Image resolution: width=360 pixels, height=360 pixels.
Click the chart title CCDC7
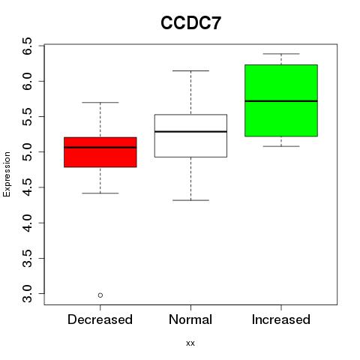(x=190, y=23)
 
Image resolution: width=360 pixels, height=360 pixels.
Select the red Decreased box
(x=100, y=152)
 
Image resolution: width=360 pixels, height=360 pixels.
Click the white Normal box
(x=190, y=136)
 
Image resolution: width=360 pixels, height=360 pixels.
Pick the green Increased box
(x=281, y=100)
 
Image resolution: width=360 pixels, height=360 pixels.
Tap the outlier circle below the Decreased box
(x=100, y=295)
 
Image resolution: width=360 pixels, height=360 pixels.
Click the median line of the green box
(x=281, y=101)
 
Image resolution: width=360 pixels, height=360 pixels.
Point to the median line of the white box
(x=190, y=131)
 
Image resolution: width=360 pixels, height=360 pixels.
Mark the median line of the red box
(x=100, y=147)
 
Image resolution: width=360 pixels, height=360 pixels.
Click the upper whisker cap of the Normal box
(x=190, y=70)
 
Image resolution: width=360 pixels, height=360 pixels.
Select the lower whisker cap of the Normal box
(x=190, y=200)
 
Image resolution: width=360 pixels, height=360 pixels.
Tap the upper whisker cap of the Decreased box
(x=100, y=102)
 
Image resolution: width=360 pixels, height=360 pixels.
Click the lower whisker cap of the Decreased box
(x=100, y=193)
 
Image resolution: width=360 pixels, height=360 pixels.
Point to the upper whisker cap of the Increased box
(x=281, y=54)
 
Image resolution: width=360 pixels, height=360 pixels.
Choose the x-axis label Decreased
(x=100, y=319)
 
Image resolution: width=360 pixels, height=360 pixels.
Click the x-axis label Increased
(x=281, y=319)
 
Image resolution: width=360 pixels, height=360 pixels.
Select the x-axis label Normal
(x=190, y=319)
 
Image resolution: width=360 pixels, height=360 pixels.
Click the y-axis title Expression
(x=7, y=174)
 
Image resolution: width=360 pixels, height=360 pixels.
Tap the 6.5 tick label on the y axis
(x=27, y=46)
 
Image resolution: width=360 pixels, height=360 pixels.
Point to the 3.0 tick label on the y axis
(x=27, y=294)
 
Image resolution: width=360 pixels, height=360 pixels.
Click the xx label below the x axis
(x=190, y=343)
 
